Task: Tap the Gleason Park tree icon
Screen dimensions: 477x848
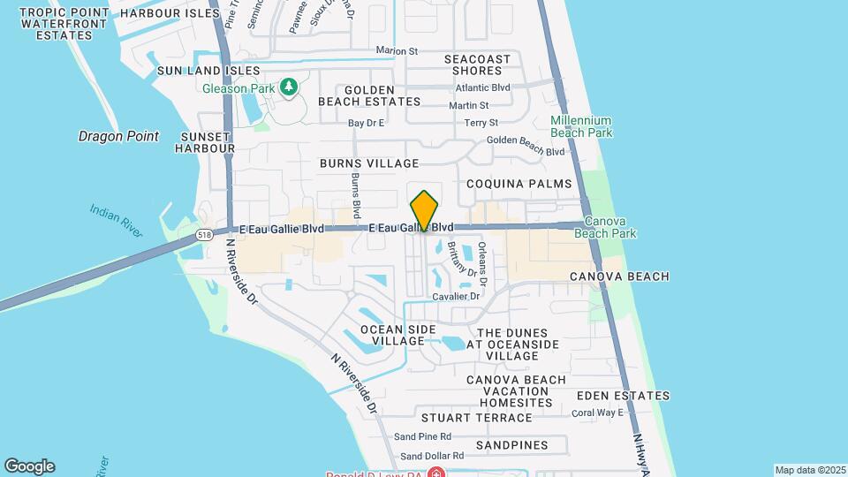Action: click(x=288, y=87)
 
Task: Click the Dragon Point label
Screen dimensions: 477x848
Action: click(x=118, y=136)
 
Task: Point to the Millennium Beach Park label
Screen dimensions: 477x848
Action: click(x=580, y=125)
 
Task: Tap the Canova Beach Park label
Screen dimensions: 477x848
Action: click(x=605, y=227)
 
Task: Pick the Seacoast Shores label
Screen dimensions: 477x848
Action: click(x=481, y=64)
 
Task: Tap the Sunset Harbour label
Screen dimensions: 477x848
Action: click(x=206, y=142)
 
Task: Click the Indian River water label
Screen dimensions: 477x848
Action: click(x=116, y=220)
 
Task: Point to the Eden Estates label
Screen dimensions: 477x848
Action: click(x=623, y=396)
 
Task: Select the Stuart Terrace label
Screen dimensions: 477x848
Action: click(x=476, y=417)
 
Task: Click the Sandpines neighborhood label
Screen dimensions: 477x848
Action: click(x=511, y=445)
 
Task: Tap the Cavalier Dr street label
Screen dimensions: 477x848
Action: click(x=456, y=297)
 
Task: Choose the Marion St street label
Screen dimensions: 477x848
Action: click(x=396, y=50)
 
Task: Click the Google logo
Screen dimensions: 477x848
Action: click(x=29, y=466)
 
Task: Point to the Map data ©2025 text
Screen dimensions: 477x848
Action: click(x=809, y=470)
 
